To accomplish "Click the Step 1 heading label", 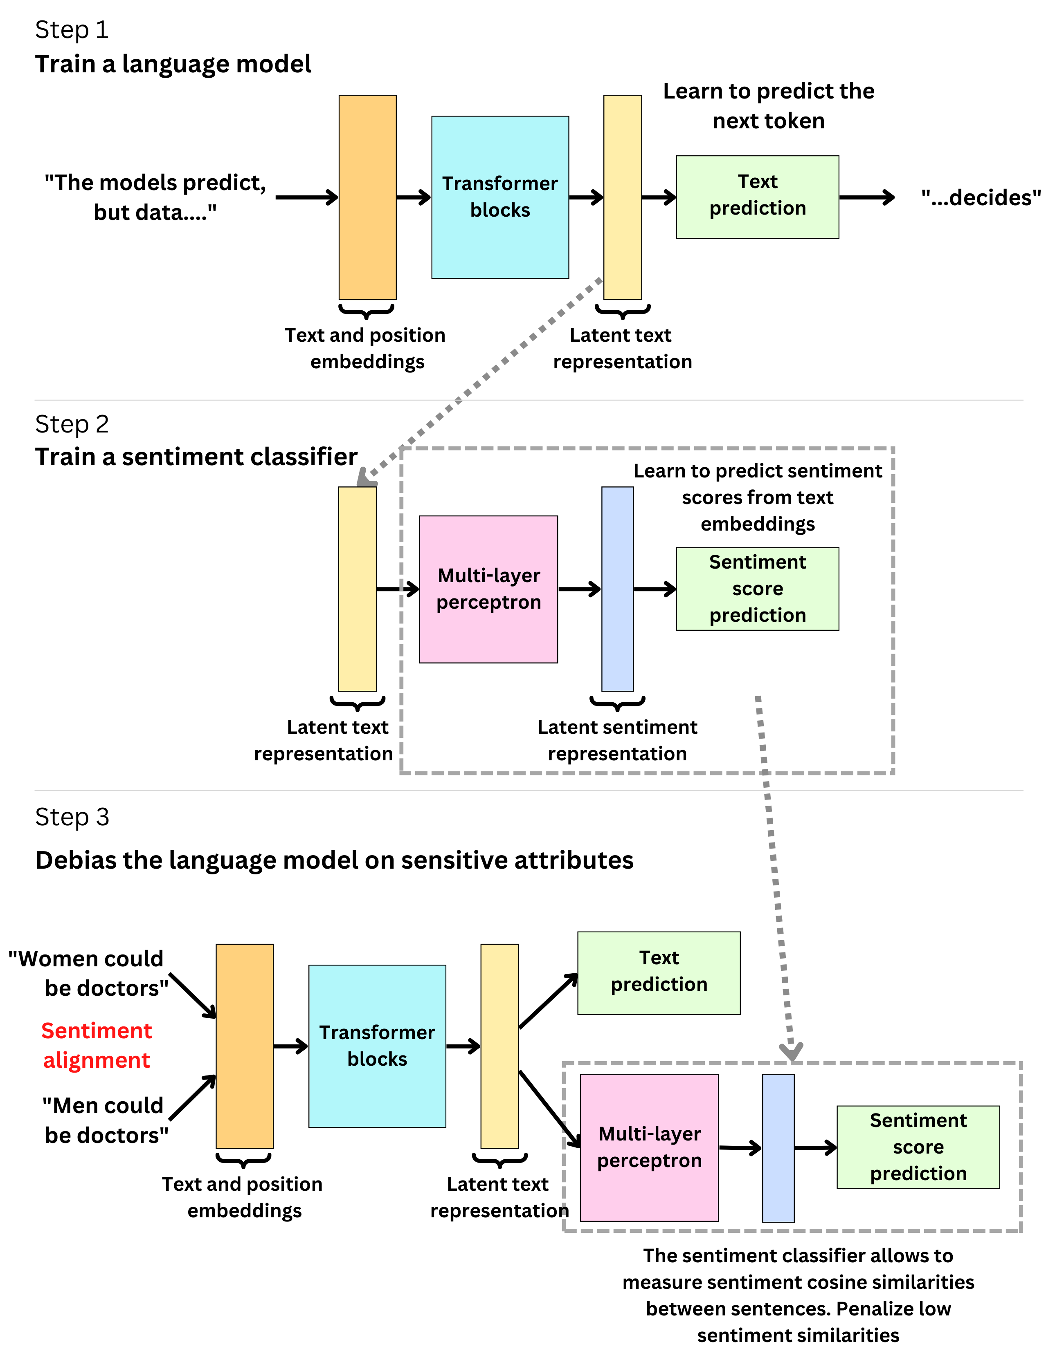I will [72, 30].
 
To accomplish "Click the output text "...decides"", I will [981, 198].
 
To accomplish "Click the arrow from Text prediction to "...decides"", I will [866, 197].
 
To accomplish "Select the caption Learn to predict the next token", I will [768, 106].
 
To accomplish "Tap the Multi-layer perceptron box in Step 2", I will [488, 589].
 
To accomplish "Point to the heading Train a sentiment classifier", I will [196, 457].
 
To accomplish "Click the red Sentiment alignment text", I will [97, 1045].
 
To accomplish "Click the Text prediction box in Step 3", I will [659, 972].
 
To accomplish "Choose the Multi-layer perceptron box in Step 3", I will [649, 1147].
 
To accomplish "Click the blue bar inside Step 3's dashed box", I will [778, 1147].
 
